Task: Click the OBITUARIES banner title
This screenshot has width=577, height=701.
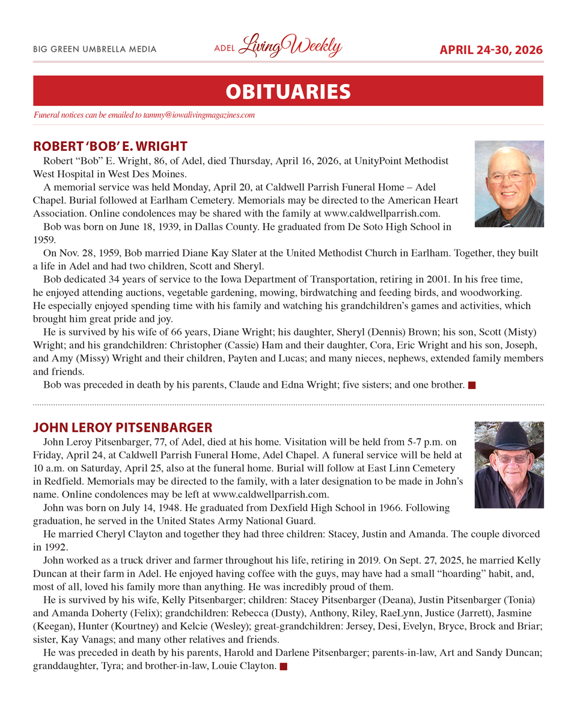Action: pos(288,91)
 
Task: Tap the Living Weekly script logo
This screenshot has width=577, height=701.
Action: pos(290,47)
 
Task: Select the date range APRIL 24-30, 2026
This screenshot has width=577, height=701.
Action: pos(491,50)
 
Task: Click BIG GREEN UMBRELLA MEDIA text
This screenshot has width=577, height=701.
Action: pos(95,49)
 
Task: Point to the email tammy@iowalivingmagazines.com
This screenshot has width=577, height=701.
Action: pos(199,115)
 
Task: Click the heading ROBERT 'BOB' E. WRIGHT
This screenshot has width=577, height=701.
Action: pos(110,146)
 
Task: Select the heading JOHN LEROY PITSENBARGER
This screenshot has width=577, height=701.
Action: pos(123,427)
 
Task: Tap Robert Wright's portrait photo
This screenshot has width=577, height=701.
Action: pos(508,183)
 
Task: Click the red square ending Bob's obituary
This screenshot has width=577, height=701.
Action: pos(472,385)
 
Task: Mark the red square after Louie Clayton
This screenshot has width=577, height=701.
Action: pos(284,667)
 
